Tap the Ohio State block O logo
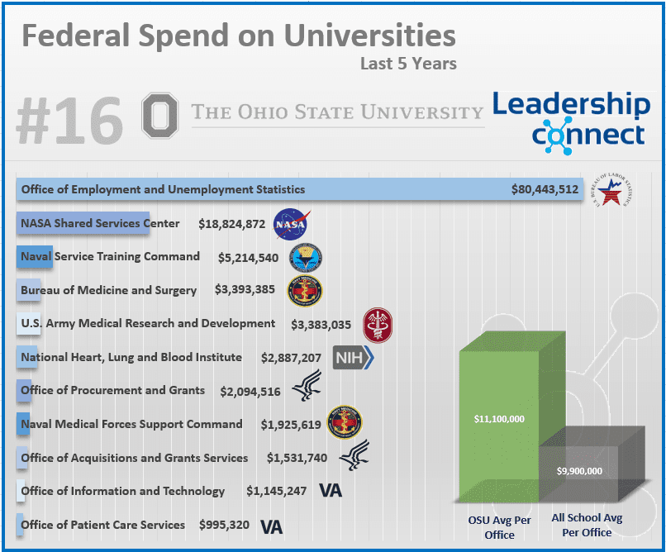pos(160,115)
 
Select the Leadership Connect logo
pos(570,118)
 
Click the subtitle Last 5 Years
pos(408,63)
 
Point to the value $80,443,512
pos(545,190)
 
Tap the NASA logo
pos(291,224)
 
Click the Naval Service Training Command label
pos(110,257)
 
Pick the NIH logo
pos(353,358)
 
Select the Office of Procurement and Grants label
pos(112,391)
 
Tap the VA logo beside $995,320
pos(271,526)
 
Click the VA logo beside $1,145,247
pos(330,491)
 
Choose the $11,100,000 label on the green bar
pos(499,419)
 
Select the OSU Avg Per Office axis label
pos(499,526)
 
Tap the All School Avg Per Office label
pos(587,526)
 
